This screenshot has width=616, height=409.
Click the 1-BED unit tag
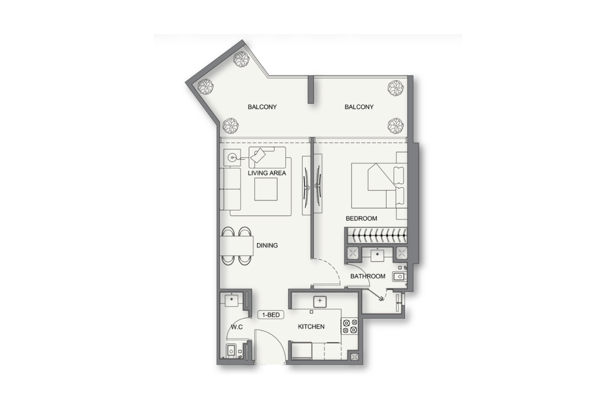click(271, 314)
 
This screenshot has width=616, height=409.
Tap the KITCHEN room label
click(311, 326)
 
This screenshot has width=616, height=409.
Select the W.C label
click(237, 327)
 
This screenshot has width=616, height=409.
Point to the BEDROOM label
click(361, 219)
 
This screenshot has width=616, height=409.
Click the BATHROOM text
click(368, 276)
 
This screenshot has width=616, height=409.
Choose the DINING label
click(267, 245)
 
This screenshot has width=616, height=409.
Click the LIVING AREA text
click(267, 173)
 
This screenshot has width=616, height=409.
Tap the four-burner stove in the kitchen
click(349, 326)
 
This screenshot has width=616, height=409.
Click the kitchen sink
click(320, 301)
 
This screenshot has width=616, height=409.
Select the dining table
click(236, 246)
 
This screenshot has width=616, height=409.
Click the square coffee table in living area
click(266, 189)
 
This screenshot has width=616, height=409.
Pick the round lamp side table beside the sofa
click(232, 158)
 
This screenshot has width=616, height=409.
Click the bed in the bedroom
click(379, 186)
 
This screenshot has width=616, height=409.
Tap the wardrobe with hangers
click(377, 235)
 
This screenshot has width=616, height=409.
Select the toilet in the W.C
click(231, 351)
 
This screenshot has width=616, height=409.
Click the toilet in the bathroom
click(399, 276)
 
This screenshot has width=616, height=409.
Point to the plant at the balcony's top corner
click(241, 60)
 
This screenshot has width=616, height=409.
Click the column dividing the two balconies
click(311, 90)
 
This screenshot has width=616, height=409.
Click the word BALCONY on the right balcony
click(359, 107)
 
